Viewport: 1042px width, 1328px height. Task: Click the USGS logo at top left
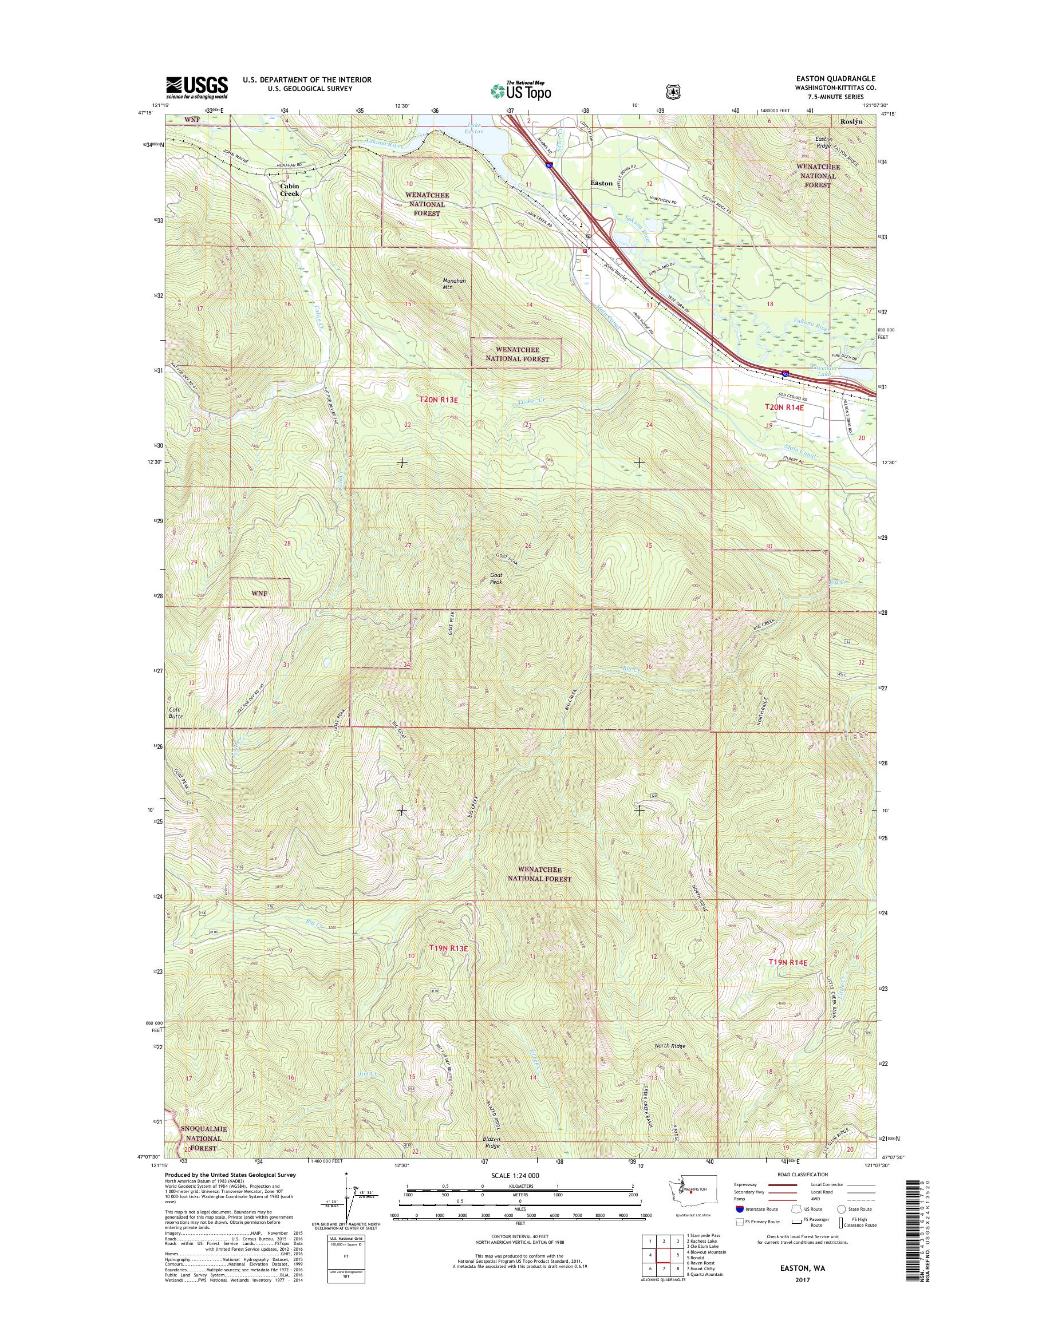click(x=196, y=88)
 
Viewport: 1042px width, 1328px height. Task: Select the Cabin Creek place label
click(x=290, y=189)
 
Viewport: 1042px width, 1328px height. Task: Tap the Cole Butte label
click(x=176, y=713)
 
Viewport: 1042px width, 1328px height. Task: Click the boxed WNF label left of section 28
click(x=259, y=593)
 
